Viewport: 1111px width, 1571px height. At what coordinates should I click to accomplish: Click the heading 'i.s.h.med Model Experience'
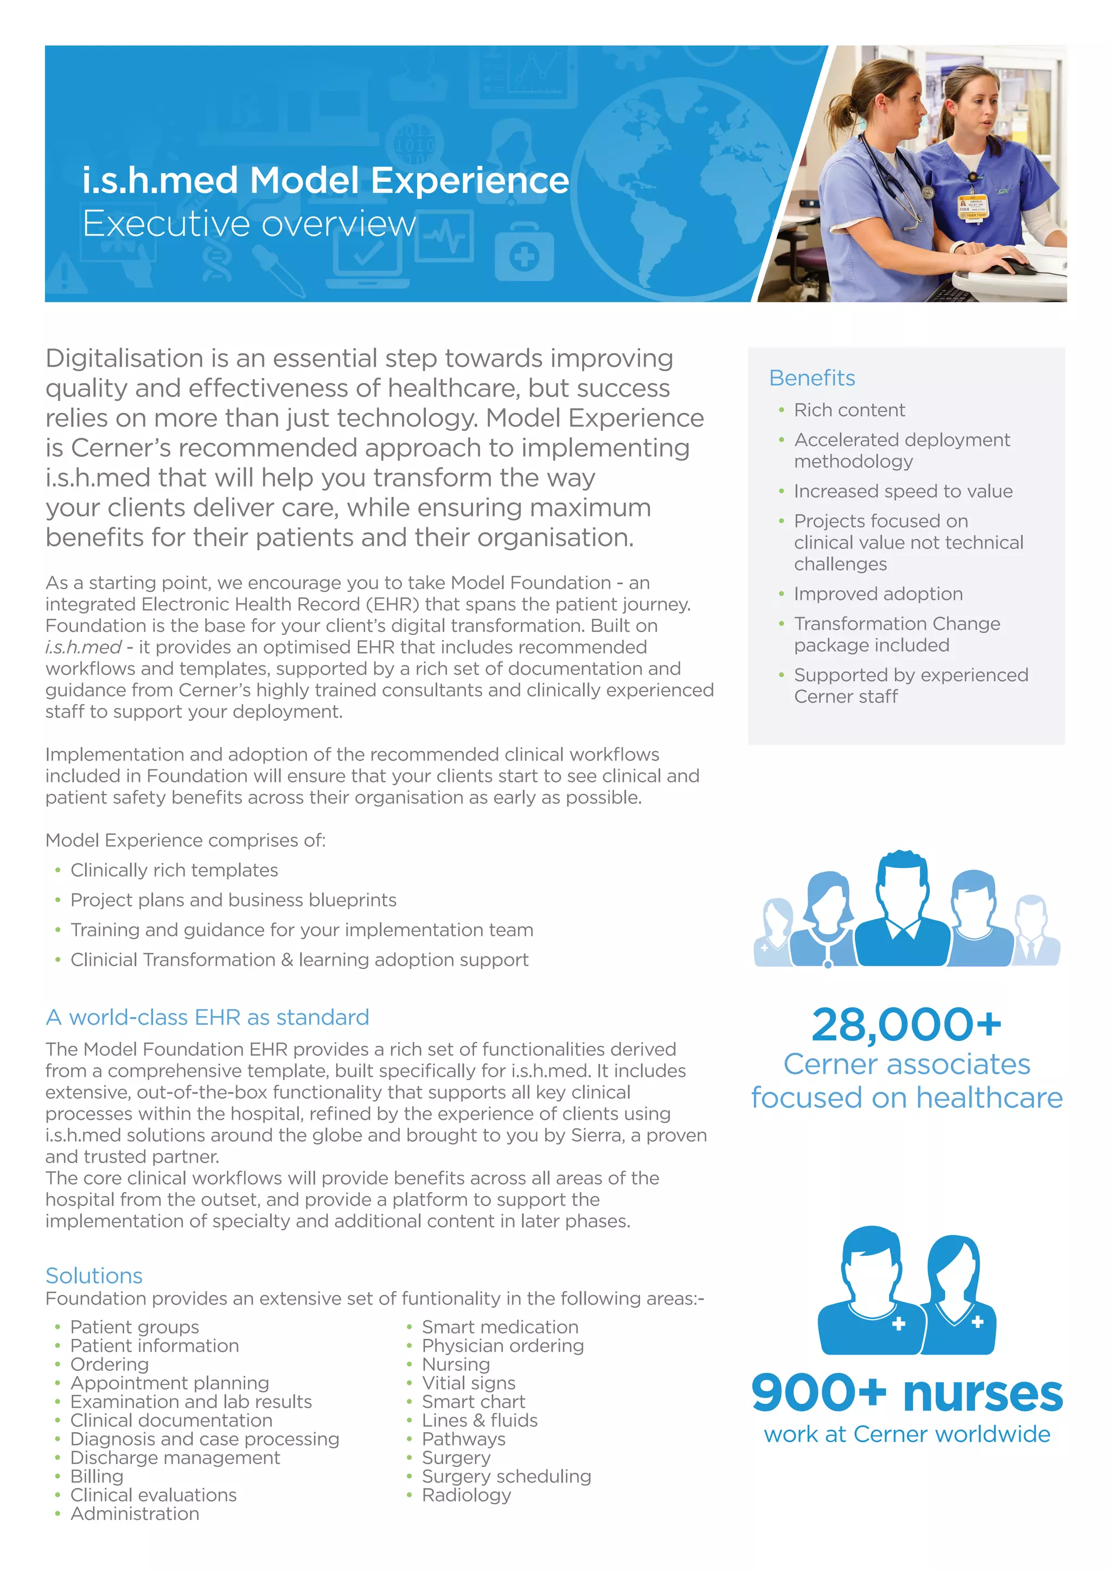(325, 181)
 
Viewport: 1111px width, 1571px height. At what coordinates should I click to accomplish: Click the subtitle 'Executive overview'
(249, 223)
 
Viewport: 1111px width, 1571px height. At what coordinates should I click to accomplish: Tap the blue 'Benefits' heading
(812, 378)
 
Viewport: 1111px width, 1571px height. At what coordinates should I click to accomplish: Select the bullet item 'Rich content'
(849, 410)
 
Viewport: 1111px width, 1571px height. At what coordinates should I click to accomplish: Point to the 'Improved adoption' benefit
(878, 594)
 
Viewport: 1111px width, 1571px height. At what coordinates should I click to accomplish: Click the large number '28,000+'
(906, 1024)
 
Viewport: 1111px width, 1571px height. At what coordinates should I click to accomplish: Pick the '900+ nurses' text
(906, 1394)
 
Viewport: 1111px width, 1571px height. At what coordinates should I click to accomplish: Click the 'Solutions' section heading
(94, 1275)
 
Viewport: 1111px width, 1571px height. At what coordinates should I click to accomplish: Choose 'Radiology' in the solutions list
(466, 1495)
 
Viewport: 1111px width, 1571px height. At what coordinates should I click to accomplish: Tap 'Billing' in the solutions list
(97, 1476)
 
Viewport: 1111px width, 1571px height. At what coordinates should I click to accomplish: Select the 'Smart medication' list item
(500, 1327)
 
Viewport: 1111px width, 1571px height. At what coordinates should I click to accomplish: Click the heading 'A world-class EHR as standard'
(207, 1018)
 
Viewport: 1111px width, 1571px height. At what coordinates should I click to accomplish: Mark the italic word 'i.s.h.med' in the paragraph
(83, 647)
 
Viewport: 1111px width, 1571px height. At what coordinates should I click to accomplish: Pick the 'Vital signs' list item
(468, 1383)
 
